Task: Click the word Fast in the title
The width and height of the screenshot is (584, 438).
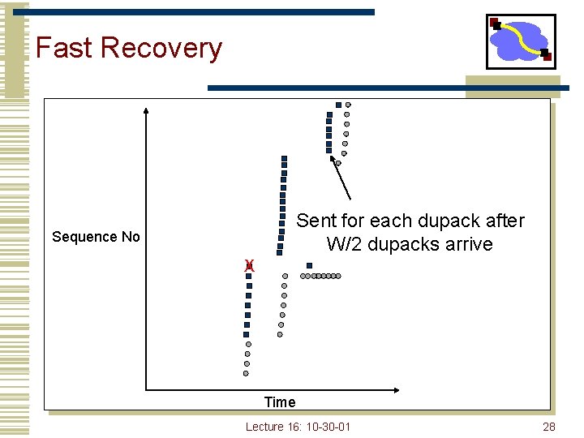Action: coord(64,48)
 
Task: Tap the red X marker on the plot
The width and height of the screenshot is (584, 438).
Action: coord(250,265)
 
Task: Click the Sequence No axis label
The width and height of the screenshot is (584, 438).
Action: coord(96,237)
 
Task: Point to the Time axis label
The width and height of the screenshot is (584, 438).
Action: coord(280,401)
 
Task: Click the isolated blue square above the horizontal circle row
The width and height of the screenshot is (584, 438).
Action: coord(309,265)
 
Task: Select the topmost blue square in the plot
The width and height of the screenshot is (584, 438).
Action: coord(338,105)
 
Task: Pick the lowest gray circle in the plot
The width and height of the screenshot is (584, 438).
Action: coord(246,373)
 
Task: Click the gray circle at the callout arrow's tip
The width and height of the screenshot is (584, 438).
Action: coord(338,162)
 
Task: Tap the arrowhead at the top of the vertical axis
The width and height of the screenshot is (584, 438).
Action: coord(146,110)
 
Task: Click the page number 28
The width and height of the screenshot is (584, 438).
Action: coord(548,427)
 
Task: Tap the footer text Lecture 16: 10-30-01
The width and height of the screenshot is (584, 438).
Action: coord(298,427)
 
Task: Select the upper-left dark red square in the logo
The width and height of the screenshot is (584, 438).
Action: coord(495,24)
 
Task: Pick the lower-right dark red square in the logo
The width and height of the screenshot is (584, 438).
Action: coord(547,56)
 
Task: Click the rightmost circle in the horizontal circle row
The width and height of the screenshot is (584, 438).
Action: coord(338,276)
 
